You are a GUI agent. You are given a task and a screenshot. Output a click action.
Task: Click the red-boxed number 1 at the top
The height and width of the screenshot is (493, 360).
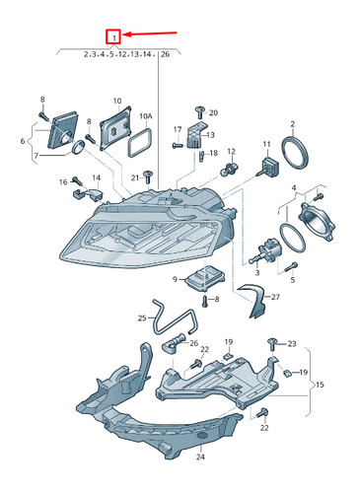(x=113, y=36)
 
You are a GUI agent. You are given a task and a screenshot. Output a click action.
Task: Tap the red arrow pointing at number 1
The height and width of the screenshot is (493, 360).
(x=150, y=34)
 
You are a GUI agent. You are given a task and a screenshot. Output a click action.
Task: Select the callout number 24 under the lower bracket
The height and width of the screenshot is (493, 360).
(x=200, y=457)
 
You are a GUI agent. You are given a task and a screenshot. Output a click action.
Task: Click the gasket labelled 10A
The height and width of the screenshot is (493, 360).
(x=140, y=142)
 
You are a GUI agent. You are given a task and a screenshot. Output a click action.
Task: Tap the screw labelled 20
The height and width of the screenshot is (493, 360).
(x=199, y=112)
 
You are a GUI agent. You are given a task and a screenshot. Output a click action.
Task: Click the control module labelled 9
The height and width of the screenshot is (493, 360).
(x=204, y=279)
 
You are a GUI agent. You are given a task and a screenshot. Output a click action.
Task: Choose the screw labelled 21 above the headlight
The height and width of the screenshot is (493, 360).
(x=147, y=176)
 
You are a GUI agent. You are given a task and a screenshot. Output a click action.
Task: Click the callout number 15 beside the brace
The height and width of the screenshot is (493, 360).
(x=320, y=385)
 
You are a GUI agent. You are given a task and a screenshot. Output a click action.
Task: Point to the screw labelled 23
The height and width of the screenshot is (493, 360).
(x=272, y=344)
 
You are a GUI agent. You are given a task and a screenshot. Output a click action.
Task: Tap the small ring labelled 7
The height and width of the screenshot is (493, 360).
(x=78, y=147)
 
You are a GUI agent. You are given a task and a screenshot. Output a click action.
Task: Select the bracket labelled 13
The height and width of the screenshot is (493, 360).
(x=195, y=135)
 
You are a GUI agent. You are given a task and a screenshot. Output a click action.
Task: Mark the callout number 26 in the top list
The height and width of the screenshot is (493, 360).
(x=165, y=54)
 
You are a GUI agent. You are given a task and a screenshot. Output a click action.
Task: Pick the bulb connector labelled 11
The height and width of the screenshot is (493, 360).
(x=268, y=167)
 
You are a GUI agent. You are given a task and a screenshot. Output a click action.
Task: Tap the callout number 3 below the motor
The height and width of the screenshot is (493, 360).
(x=257, y=272)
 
